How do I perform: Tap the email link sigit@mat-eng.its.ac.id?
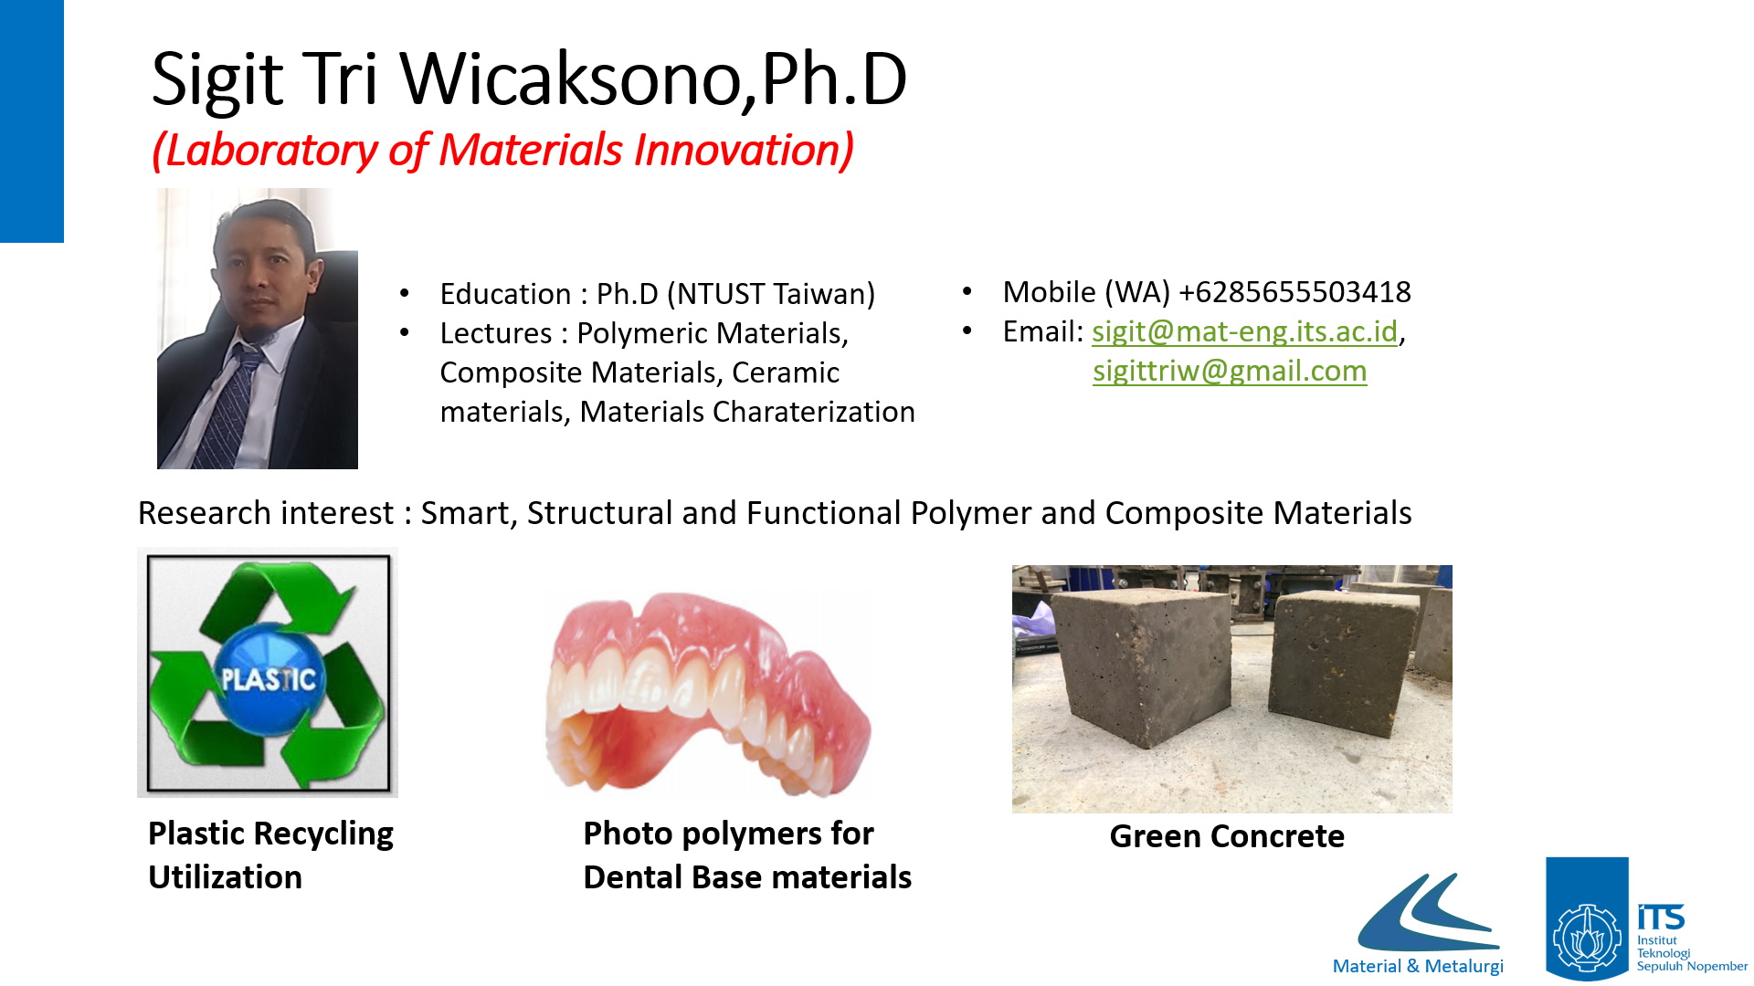[x=1244, y=331]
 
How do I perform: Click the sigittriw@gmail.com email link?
[x=1230, y=372]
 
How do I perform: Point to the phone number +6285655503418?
[x=1294, y=292]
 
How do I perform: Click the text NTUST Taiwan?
[x=771, y=294]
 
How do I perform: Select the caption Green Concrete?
[x=1227, y=836]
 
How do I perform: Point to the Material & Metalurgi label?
[x=1418, y=966]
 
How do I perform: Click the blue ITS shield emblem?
[x=1587, y=918]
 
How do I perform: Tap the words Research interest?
[x=265, y=513]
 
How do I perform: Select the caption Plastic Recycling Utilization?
[x=270, y=855]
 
